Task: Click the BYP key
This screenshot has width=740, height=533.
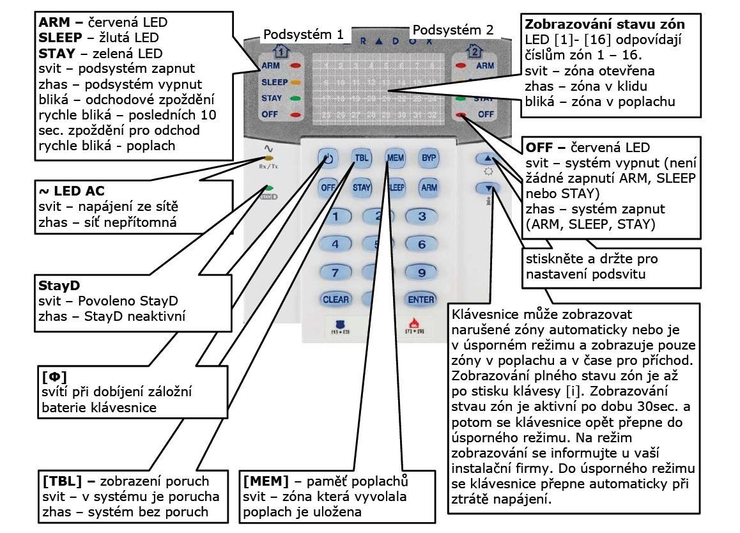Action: (x=428, y=158)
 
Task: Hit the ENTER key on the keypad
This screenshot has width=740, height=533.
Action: (x=420, y=299)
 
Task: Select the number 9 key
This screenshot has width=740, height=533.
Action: (x=421, y=272)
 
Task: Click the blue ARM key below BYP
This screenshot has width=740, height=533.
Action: (x=428, y=187)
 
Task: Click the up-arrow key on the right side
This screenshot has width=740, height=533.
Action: (x=487, y=158)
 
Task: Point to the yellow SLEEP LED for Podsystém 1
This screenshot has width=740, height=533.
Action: (x=295, y=82)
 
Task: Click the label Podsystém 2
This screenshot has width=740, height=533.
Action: (x=453, y=29)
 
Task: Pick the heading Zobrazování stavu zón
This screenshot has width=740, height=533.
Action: (x=605, y=24)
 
